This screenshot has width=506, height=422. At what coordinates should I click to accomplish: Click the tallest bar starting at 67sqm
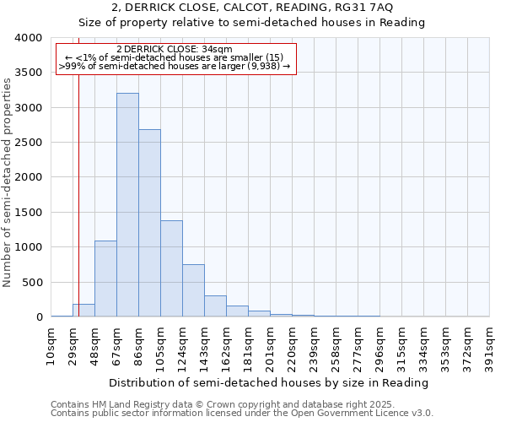tap(127, 205)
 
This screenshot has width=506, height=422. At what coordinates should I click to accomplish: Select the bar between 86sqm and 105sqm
tap(149, 223)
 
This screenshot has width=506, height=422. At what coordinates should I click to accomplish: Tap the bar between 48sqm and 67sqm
tap(105, 279)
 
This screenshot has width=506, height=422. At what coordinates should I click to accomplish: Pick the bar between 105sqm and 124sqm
tap(171, 268)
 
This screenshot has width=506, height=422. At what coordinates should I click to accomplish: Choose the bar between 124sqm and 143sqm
tap(193, 290)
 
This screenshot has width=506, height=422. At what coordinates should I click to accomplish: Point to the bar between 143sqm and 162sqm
tap(215, 306)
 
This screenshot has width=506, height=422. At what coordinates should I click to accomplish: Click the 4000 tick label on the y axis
tap(28, 39)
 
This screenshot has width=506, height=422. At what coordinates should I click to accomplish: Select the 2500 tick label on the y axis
tap(28, 143)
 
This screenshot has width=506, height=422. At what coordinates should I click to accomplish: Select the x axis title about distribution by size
tap(270, 382)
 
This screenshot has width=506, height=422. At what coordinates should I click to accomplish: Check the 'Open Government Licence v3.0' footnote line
tap(242, 414)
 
